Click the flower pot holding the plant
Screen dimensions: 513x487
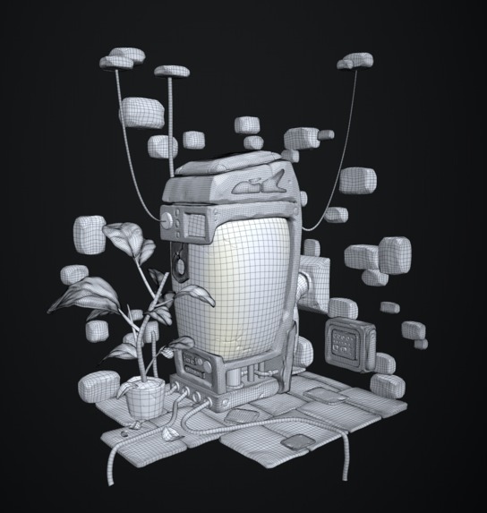pyautogui.click(x=144, y=398)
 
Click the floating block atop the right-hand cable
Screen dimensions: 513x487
pyautogui.click(x=355, y=62)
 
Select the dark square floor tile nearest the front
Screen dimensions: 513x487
pyautogui.click(x=295, y=445)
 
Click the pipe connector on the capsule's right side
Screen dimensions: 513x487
pyautogui.click(x=309, y=287)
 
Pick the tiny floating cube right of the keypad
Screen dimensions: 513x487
pyautogui.click(x=389, y=307)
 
